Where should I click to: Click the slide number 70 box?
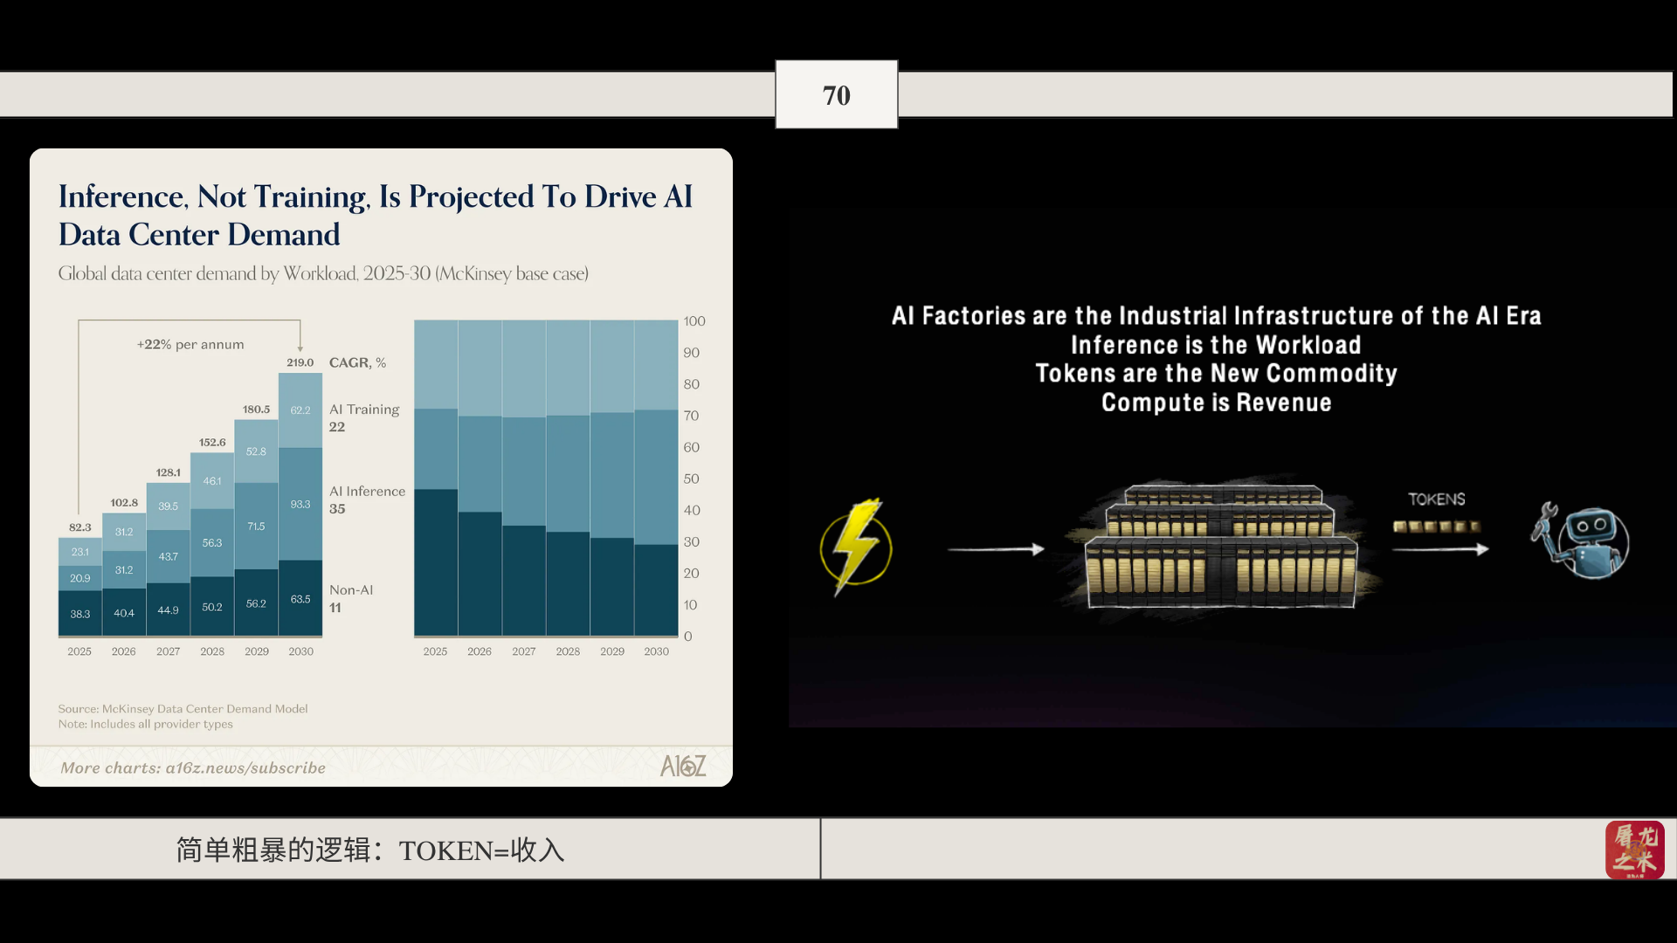pos(836,94)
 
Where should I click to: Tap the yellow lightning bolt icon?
pos(856,547)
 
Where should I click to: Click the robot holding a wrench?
pos(1581,541)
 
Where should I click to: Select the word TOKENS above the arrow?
pos(1437,499)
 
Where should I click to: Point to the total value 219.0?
pos(300,362)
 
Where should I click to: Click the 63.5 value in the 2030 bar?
pos(300,599)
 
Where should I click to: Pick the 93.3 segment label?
pos(300,505)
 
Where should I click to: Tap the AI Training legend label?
pos(364,410)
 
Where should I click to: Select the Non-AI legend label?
pos(351,590)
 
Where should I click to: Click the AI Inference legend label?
pos(367,492)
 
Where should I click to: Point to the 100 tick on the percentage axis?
pos(694,321)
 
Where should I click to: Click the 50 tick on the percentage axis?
pos(691,478)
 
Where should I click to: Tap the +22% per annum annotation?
pos(190,345)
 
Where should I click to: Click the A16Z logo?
pos(683,766)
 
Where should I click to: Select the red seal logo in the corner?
pos(1634,850)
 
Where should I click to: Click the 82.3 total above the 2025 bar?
pos(79,527)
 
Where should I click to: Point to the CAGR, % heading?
pos(357,362)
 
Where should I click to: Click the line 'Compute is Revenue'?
pos(1216,403)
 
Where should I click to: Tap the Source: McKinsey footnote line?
pos(183,709)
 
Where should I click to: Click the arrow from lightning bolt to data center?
pos(996,549)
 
